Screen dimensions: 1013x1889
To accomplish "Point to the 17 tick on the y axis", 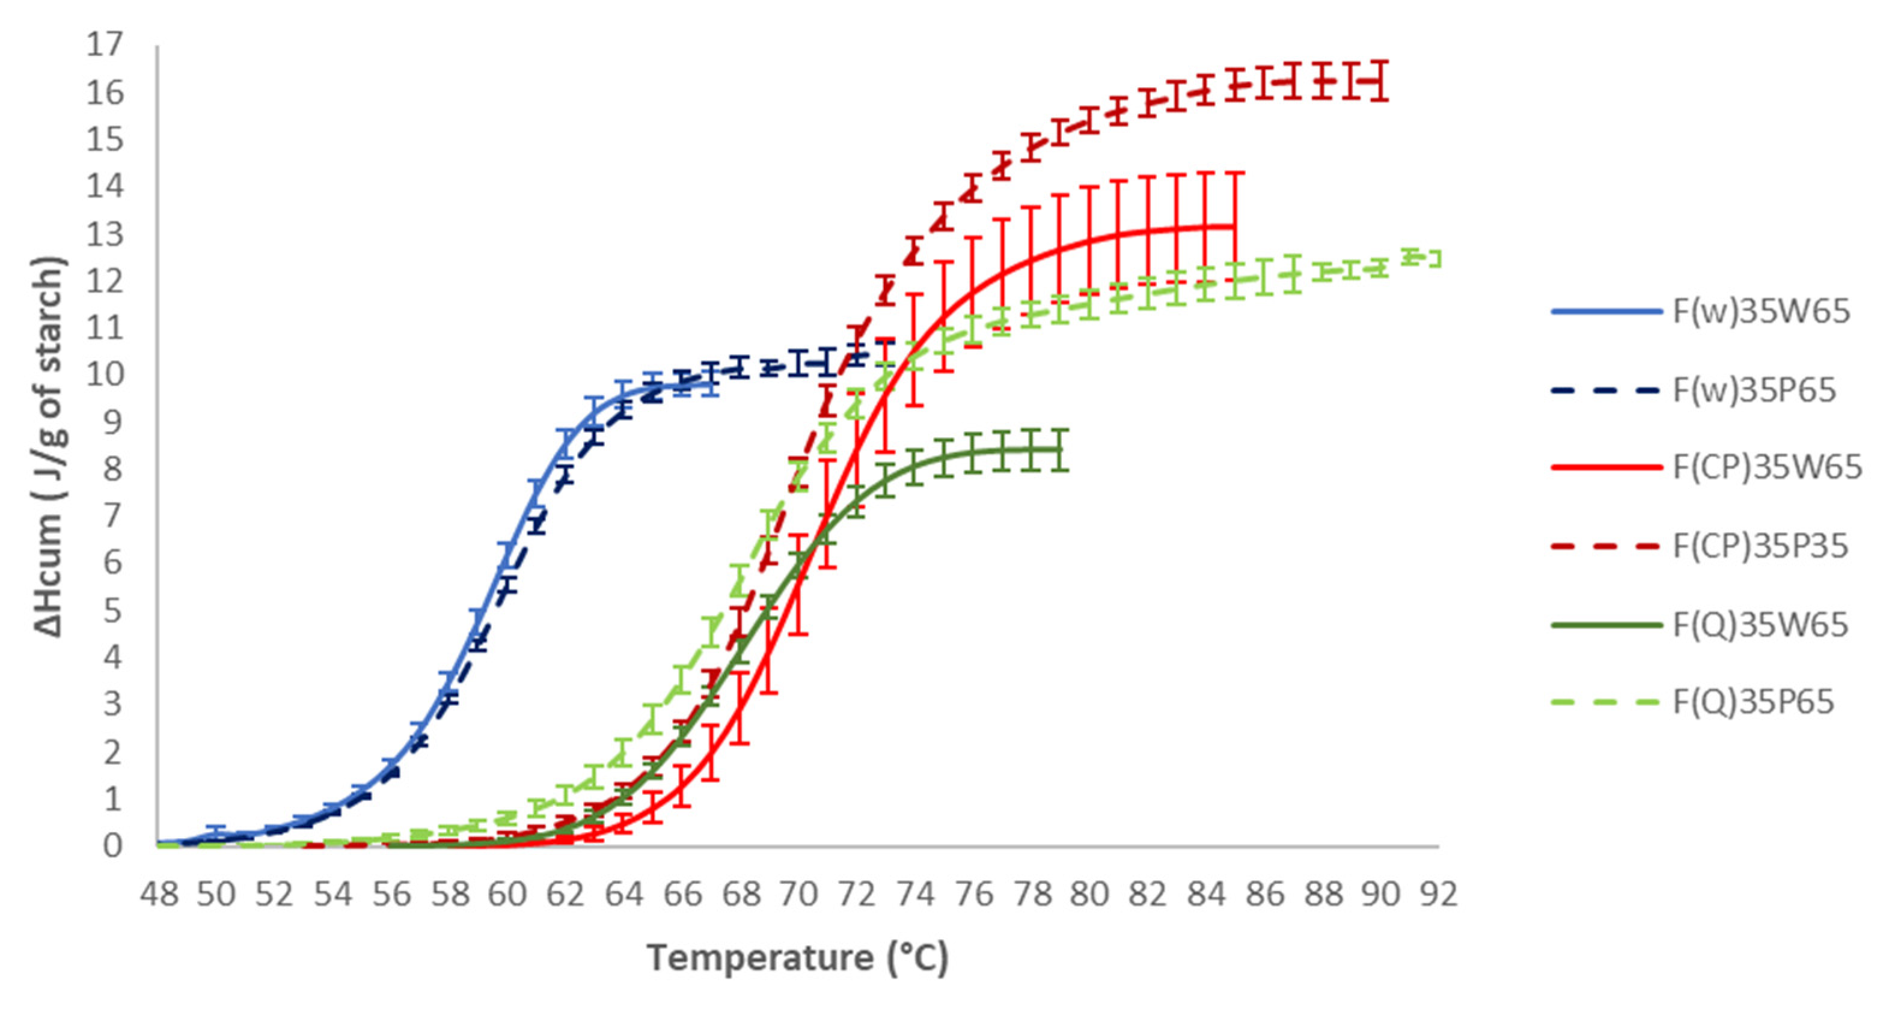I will coord(105,46).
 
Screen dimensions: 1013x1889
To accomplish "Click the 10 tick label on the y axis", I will coord(105,374).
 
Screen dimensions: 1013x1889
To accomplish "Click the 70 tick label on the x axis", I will coord(798,894).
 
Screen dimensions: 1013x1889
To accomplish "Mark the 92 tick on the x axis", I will coord(1438,894).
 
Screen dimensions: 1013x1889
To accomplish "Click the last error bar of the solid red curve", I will coord(1235,226).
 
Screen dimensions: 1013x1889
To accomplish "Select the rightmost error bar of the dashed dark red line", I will coord(1379,81).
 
